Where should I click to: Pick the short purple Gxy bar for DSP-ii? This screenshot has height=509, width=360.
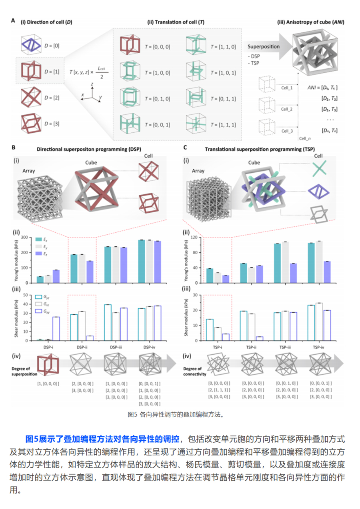tap(90, 338)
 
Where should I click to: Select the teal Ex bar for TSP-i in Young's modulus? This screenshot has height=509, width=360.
tap(209, 275)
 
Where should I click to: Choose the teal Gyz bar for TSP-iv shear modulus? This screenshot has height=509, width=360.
tap(311, 323)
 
